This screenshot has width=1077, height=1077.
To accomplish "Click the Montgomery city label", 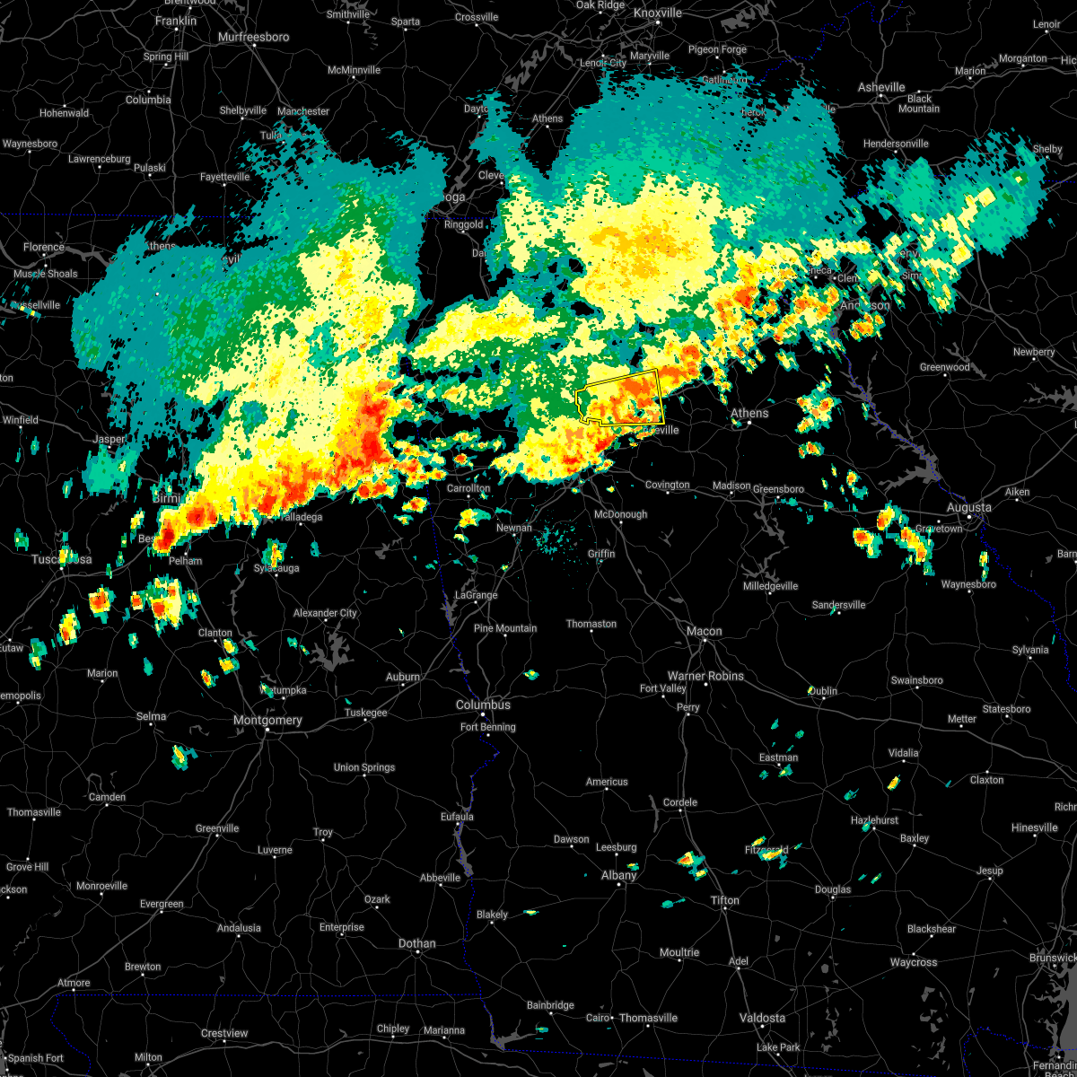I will coord(267,720).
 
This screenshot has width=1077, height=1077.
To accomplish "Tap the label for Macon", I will coord(704,631).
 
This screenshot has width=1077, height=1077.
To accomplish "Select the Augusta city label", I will coord(968,507).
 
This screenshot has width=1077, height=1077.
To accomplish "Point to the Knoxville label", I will coord(657,13).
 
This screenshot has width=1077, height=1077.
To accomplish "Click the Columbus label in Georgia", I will coord(483,705).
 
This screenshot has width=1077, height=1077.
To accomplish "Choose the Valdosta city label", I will coord(762,1018).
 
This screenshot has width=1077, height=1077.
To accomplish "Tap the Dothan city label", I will coord(416,943).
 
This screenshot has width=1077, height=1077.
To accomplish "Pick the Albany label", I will coord(618,875).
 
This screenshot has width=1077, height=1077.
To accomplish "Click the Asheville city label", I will coord(881,87).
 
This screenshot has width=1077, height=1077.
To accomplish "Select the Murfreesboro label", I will coord(254,37).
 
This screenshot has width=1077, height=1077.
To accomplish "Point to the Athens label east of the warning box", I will coord(749,413).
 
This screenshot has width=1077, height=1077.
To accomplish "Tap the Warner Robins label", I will coord(705,676).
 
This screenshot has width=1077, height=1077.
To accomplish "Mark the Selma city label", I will coord(151,716).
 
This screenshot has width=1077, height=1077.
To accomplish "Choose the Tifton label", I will coord(725,900).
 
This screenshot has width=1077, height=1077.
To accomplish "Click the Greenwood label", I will coord(944,367).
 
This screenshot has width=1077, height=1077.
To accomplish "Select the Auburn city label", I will coord(403,677).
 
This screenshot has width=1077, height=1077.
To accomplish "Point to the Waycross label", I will coord(914,962).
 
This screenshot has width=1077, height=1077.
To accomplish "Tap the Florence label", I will coord(44,247).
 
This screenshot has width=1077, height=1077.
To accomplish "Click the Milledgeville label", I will coord(770,586).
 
